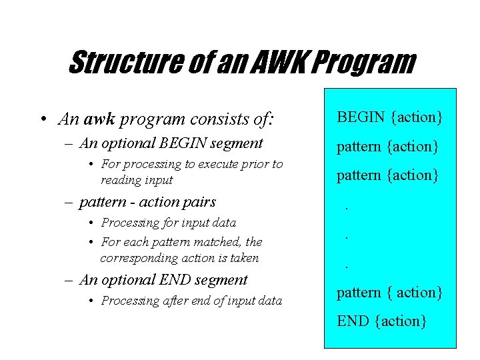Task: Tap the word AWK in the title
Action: (274, 63)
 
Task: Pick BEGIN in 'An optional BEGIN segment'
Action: (179, 143)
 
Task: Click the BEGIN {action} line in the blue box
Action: (389, 117)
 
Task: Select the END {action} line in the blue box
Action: (381, 321)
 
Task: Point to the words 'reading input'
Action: (136, 180)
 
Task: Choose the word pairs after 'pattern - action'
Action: (199, 201)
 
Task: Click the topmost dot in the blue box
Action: (347, 207)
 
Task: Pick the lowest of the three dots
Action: (347, 266)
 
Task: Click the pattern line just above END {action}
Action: (389, 292)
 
